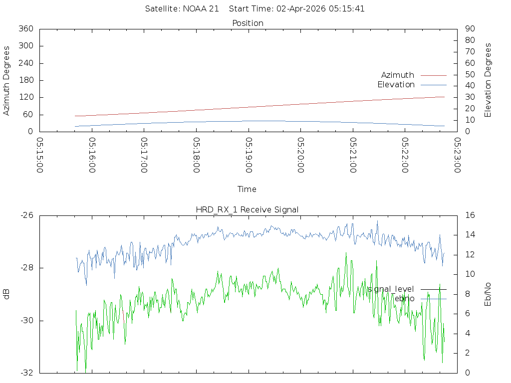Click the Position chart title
248,23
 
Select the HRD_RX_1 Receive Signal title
247,210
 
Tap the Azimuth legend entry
398,75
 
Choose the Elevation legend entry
396,85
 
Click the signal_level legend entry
391,289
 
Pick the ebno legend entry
404,299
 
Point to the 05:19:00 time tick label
249,155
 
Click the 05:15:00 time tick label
40,155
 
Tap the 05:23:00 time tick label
458,155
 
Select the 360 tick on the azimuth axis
26,28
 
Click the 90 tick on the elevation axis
470,28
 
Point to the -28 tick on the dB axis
27,268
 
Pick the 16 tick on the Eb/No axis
470,215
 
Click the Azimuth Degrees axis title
6,80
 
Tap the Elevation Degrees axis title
488,80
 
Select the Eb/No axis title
488,294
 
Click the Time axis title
247,189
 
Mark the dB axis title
6,294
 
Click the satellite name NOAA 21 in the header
201,8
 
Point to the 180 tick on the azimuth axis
26,80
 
